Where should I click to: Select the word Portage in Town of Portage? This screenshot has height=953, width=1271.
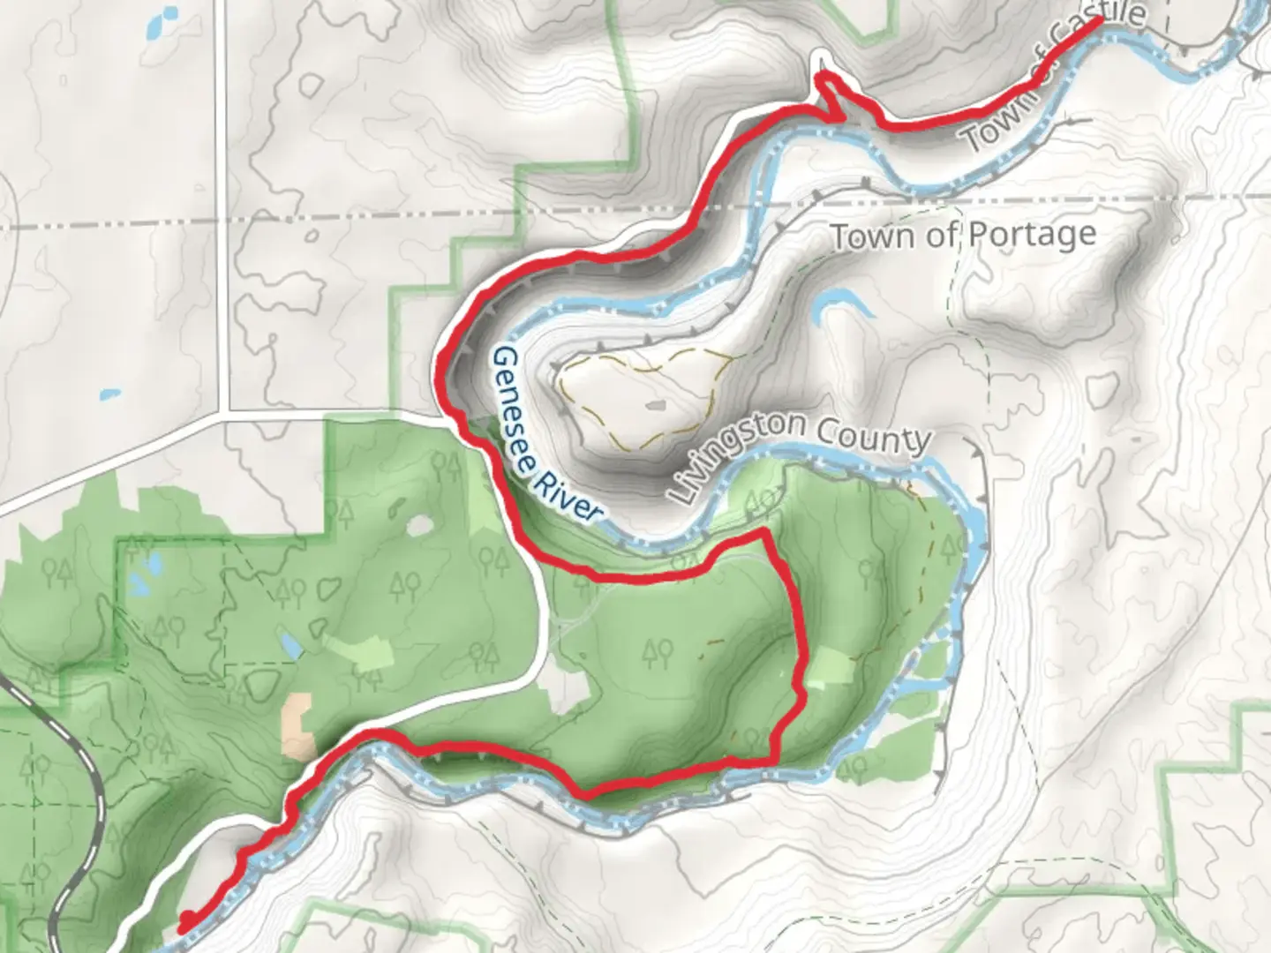pos(1032,235)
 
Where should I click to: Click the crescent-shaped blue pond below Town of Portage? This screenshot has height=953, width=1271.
pos(839,304)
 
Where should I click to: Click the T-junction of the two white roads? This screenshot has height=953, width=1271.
pos(227,413)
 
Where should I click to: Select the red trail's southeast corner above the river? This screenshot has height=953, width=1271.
pos(775,758)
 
